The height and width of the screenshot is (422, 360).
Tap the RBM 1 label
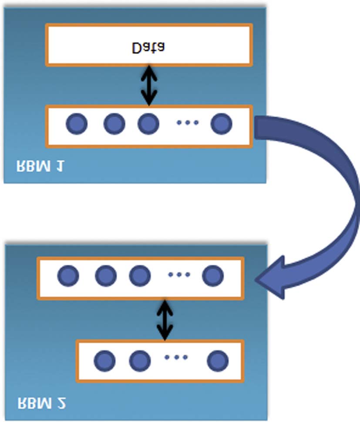[39, 166]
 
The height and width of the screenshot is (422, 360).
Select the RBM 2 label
[41, 402]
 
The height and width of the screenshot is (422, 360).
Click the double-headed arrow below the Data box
[149, 85]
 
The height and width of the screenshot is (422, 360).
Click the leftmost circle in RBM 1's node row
[77, 124]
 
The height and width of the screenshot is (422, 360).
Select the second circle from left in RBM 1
[114, 124]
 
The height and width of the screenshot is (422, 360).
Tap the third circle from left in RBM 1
[148, 124]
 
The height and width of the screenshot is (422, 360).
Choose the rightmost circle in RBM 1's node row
[221, 124]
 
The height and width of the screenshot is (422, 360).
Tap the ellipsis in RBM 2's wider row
[178, 275]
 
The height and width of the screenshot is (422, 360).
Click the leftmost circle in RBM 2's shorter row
[104, 360]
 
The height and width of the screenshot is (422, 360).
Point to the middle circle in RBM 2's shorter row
[140, 360]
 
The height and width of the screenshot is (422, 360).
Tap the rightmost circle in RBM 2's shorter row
[217, 360]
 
